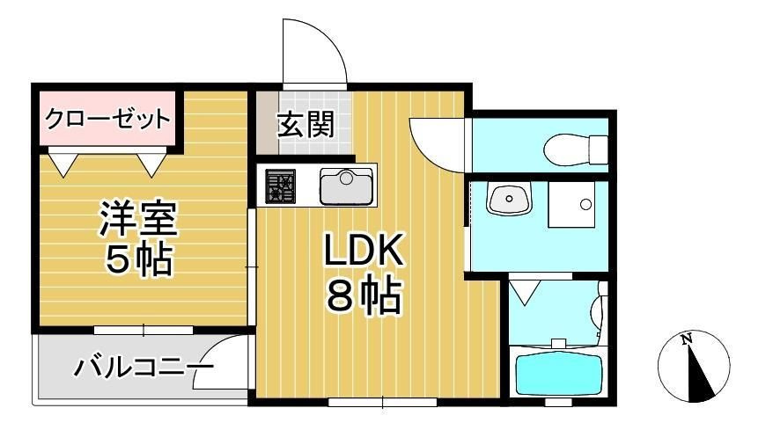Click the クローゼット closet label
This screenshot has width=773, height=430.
pos(107,118)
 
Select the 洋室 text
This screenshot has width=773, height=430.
pos(138,220)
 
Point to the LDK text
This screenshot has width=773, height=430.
pos(363,253)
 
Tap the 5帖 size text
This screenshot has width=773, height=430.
pos(138,259)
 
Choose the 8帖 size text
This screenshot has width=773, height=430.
pos(363,296)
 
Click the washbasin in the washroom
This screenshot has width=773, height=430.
pos(509,200)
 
